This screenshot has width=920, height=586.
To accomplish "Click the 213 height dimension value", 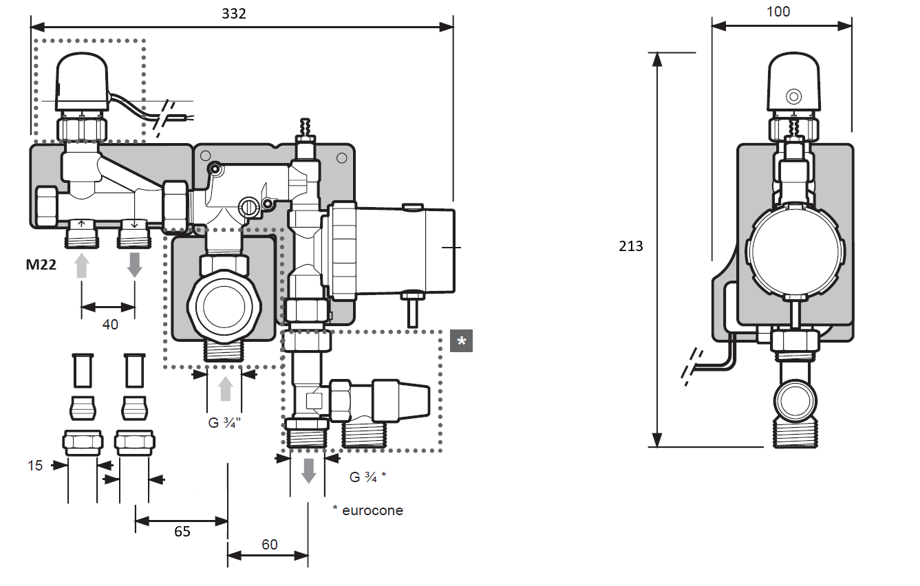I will pos(631,246).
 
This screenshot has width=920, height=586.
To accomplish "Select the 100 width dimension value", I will pos(778,12).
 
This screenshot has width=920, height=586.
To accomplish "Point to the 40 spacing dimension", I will pos(110,324).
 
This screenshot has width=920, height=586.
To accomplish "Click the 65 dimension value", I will pos(182,531).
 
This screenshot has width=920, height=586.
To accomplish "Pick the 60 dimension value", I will pos(269,545).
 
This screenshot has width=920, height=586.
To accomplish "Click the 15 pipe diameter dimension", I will pos(35,466).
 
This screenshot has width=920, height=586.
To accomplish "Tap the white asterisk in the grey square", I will pos(461,341).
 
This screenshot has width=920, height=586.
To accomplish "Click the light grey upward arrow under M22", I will pos(82,264).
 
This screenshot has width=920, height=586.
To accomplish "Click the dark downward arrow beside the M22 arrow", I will pos(134,264).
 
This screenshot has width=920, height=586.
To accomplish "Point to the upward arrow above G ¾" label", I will pos(225,389).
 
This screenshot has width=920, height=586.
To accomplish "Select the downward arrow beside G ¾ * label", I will pos(308,470).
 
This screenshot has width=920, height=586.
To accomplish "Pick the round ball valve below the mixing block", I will pos(221,303).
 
